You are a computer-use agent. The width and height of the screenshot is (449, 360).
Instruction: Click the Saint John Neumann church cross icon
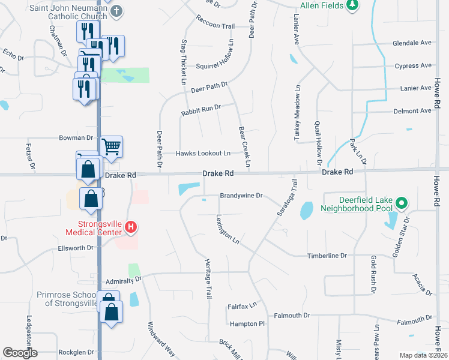coord(116,11)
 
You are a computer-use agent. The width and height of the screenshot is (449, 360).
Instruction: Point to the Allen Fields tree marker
coord(352,5)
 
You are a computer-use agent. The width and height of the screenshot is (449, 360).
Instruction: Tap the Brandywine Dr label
coord(241,196)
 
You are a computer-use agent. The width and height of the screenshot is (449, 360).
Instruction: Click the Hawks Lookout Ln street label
coord(203,154)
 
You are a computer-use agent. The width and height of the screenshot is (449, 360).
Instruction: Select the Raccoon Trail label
coord(215,26)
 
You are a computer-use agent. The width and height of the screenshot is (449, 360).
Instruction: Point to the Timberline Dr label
coord(327,256)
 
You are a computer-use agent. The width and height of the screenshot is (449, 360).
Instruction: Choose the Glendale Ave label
coord(412,43)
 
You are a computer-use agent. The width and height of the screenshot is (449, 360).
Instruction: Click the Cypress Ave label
coord(413,65)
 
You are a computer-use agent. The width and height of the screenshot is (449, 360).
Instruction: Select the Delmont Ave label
coord(412,111)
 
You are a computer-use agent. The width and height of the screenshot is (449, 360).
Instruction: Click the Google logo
coord(20,353)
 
